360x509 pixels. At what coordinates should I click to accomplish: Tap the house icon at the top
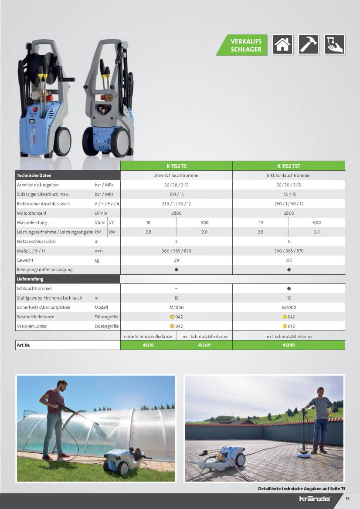pos(282,44)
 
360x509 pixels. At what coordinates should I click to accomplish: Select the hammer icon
pos(308,44)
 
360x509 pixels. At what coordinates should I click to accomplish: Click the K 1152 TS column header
pos(176,166)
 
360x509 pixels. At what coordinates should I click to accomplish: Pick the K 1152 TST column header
pos(289,166)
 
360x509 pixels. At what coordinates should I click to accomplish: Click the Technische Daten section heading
pos(34,175)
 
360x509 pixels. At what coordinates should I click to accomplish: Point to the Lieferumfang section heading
pos(30,279)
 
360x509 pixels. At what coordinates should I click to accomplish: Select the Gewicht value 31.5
pos(289,260)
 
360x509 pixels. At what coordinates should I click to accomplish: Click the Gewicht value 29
pos(176,260)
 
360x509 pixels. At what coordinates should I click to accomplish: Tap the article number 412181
pos(289,345)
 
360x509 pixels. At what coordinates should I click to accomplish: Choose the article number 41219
pos(148,345)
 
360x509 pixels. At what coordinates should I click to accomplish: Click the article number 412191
pos(204,345)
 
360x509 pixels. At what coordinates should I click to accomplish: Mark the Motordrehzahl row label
pos(32,213)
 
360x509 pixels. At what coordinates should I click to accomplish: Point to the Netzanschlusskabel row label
pos(36,241)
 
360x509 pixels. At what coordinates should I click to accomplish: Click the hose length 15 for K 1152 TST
pos(289,298)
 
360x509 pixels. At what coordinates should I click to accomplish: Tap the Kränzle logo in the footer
pos(315,499)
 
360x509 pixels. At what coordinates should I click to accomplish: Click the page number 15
pos(347,499)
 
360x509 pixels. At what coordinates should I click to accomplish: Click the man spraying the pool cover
pos(54,418)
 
